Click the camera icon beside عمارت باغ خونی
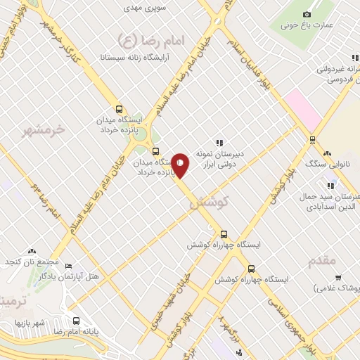(x=306, y=13)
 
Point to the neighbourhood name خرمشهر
(x=43, y=129)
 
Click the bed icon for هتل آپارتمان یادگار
(x=68, y=266)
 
